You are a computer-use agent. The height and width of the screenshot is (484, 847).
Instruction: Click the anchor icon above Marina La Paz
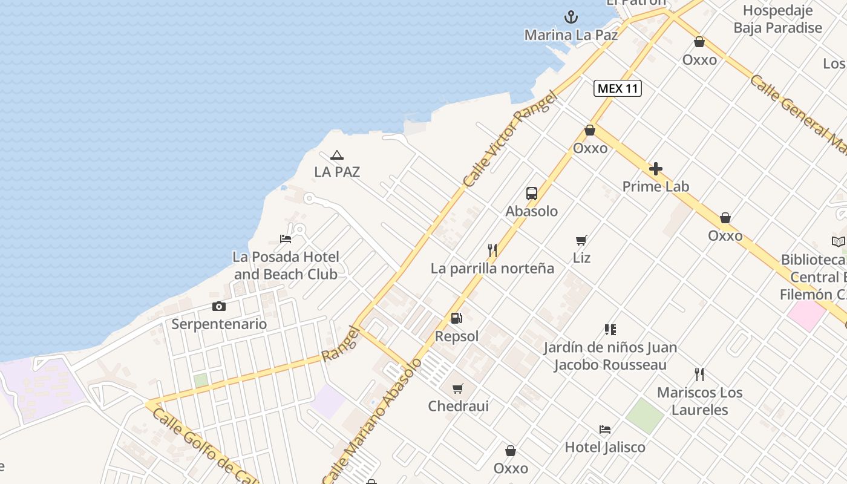tap(571, 17)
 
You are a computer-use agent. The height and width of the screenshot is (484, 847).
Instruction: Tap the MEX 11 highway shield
tap(617, 88)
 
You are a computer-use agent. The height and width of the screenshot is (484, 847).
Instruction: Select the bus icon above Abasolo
tap(532, 194)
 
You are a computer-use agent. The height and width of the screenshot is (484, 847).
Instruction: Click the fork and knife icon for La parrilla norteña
tap(492, 250)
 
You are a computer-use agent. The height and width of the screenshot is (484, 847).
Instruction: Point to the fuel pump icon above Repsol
tap(457, 318)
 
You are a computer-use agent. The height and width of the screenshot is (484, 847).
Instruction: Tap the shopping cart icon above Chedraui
tap(458, 388)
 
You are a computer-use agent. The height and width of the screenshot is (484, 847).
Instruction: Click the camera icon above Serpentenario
tap(219, 306)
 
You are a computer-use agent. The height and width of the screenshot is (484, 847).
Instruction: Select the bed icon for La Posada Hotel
tap(286, 239)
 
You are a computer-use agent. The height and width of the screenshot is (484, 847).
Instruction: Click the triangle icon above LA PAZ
tap(337, 155)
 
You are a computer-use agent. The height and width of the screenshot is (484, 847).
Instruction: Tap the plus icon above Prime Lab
tap(656, 169)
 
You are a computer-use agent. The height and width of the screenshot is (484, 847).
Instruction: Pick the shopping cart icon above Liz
tap(581, 240)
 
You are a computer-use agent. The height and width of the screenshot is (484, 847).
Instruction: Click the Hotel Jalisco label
tap(605, 447)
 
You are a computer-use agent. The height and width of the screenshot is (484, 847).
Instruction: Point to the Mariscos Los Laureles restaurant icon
tap(699, 374)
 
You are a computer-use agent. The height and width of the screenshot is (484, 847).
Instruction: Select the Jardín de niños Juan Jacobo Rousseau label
tap(610, 356)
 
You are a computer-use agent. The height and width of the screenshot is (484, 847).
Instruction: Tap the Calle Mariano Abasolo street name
tap(373, 421)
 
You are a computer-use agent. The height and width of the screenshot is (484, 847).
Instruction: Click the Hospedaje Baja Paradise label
tap(777, 19)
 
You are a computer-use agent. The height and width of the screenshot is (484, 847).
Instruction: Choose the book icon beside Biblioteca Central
tap(838, 242)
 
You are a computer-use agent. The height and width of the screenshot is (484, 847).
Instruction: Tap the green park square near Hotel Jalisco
tap(645, 416)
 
